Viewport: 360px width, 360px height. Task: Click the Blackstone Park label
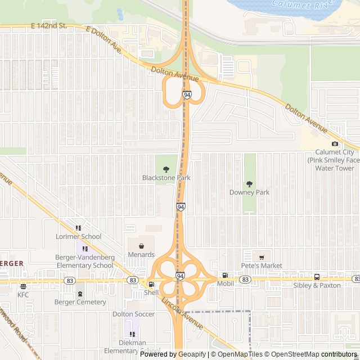(166, 178)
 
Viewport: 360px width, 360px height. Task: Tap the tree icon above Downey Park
(249, 184)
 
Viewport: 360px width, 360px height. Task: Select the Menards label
(141, 254)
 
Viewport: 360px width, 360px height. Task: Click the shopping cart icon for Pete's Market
(262, 256)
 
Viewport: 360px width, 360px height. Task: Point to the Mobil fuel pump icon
(225, 276)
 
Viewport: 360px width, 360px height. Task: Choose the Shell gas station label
(151, 292)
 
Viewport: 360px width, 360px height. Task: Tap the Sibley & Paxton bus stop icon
(317, 277)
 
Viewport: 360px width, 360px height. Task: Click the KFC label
(23, 294)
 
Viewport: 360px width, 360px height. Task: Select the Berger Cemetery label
(80, 302)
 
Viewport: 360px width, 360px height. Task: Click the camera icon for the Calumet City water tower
(335, 144)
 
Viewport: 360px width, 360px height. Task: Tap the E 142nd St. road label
(49, 26)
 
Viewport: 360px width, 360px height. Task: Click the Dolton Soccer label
(133, 314)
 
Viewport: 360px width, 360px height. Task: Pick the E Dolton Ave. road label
(105, 40)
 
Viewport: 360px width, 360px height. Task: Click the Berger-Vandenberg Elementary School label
(84, 261)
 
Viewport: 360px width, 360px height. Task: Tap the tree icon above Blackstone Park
(166, 169)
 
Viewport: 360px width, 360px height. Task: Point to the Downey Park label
(249, 192)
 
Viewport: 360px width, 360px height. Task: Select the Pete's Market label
(262, 265)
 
